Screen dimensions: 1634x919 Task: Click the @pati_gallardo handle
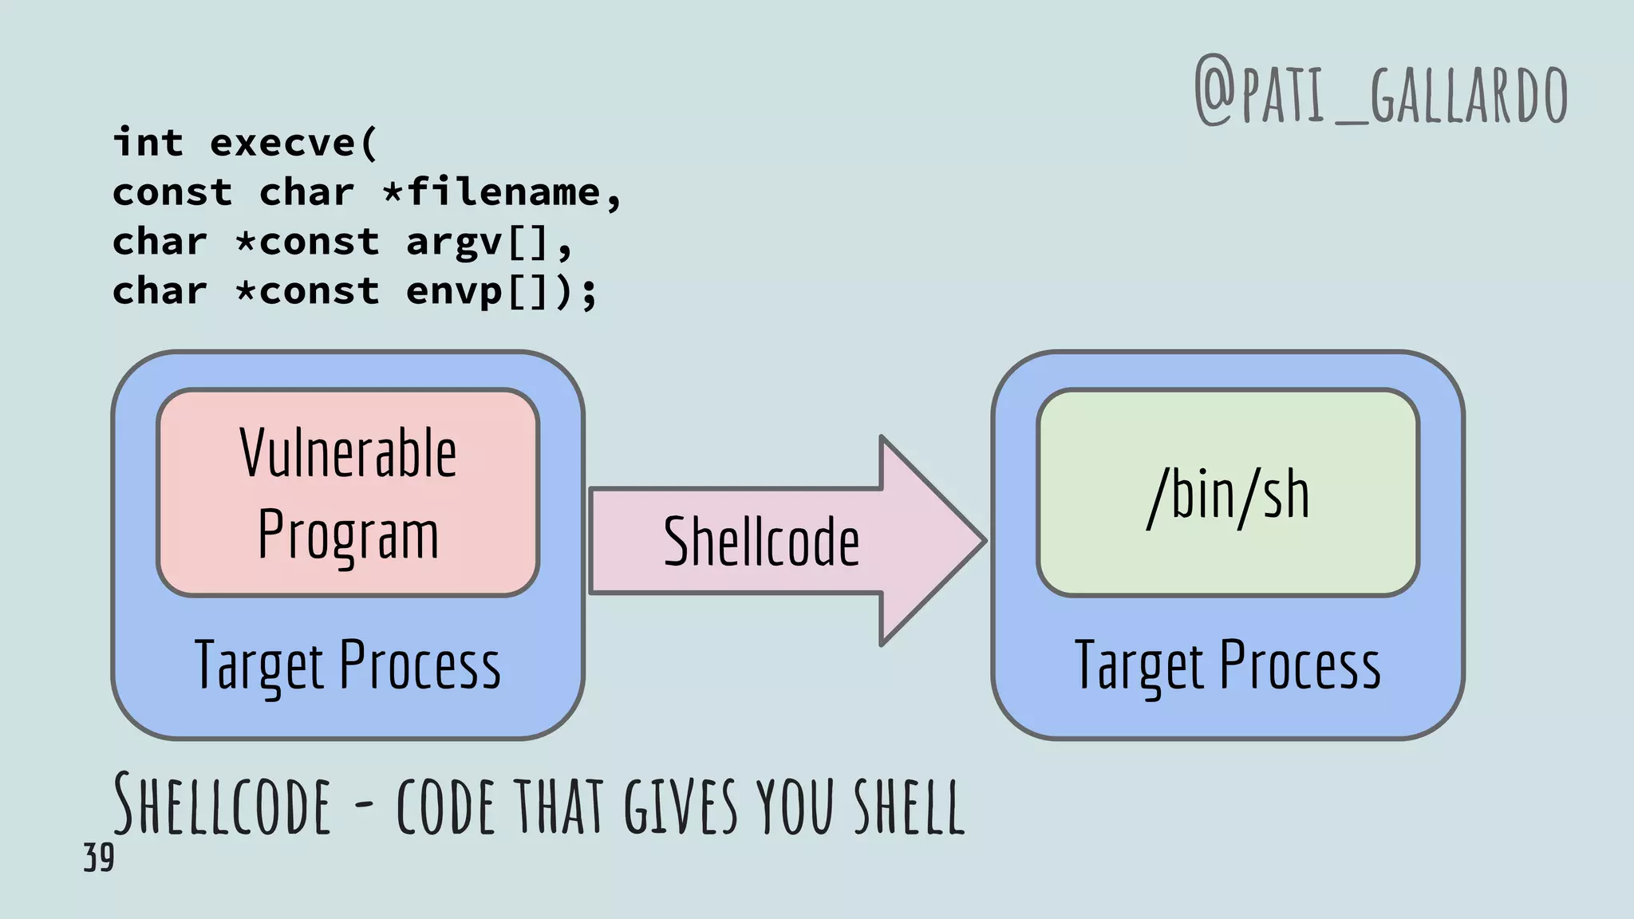[x=1380, y=93]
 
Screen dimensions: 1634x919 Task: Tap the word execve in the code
[x=282, y=144]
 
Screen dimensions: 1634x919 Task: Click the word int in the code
[x=148, y=144]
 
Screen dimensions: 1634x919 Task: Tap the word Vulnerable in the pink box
[x=348, y=453]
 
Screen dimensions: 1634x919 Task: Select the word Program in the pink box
[x=348, y=535]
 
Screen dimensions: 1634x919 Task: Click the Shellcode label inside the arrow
[x=761, y=542]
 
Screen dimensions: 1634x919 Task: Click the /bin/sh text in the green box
[x=1228, y=495]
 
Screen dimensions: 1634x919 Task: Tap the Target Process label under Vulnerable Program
[x=348, y=665]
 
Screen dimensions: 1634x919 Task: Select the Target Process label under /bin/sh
[x=1228, y=665]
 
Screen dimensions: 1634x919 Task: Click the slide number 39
[x=99, y=858]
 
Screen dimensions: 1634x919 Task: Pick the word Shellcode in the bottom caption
[x=222, y=804]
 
